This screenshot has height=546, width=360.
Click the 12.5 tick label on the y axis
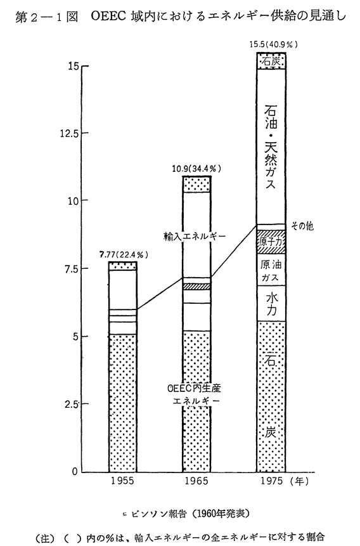pyautogui.click(x=69, y=134)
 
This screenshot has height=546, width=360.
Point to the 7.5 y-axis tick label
pyautogui.click(x=72, y=268)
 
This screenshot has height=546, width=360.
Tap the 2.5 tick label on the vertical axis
pyautogui.click(x=72, y=404)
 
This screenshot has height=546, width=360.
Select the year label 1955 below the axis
pyautogui.click(x=122, y=481)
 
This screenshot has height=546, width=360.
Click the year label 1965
pyautogui.click(x=196, y=481)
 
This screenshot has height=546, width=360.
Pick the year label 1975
pyautogui.click(x=271, y=481)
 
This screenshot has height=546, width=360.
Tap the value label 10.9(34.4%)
pyautogui.click(x=196, y=169)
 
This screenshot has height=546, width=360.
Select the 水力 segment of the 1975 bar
pyautogui.click(x=271, y=303)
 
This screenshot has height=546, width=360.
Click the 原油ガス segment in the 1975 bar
pyautogui.click(x=271, y=270)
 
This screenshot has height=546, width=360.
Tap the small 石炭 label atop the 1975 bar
pyautogui.click(x=271, y=62)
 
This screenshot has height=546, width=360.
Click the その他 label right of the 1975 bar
pyautogui.click(x=302, y=226)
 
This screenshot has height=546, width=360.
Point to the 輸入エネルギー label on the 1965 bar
pyautogui.click(x=195, y=237)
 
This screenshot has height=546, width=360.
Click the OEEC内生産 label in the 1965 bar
pyautogui.click(x=195, y=387)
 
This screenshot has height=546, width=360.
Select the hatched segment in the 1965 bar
pyautogui.click(x=196, y=286)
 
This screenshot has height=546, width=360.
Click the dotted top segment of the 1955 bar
pyautogui.click(x=122, y=266)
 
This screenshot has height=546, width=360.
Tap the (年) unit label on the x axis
pyautogui.click(x=299, y=481)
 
